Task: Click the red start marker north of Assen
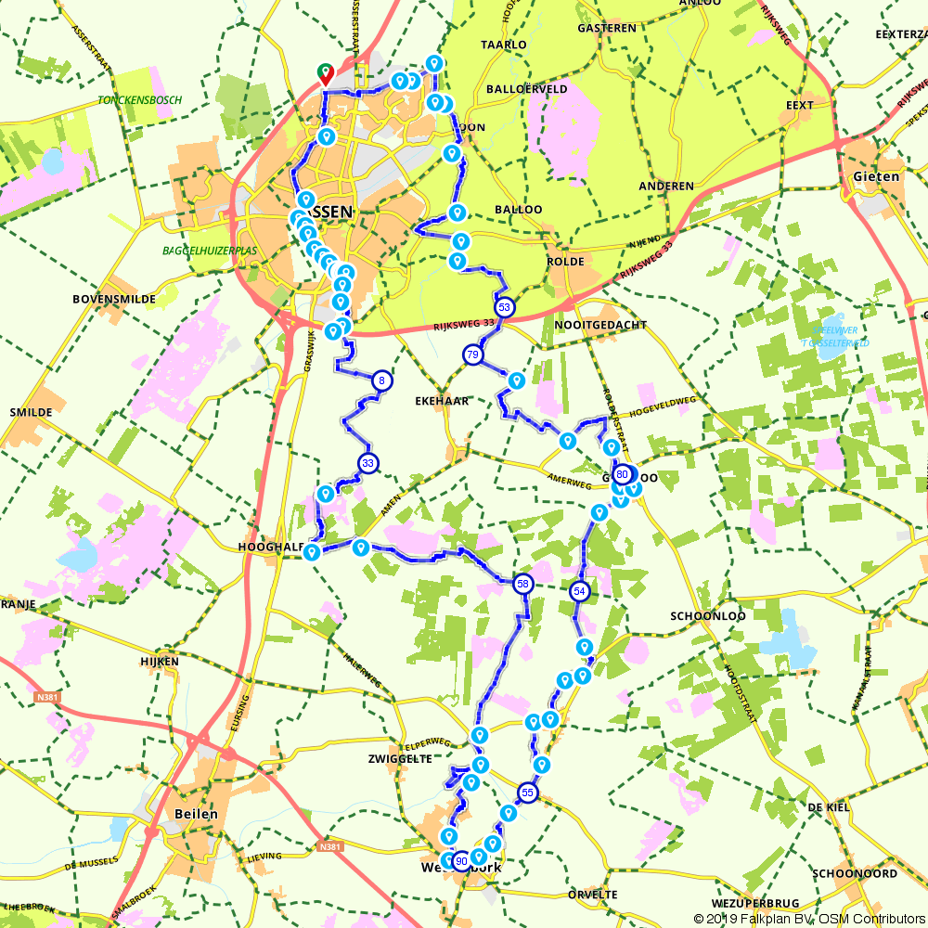tap(326, 72)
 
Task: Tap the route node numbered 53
tap(504, 306)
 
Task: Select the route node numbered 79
tap(472, 354)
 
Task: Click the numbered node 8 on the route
tap(381, 380)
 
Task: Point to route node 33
tap(368, 463)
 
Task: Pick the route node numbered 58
tap(523, 584)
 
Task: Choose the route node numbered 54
tap(580, 591)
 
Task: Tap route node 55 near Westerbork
tap(527, 793)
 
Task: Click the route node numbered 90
tap(461, 861)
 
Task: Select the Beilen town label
tap(196, 814)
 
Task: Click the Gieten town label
tap(876, 176)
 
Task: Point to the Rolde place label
tap(565, 261)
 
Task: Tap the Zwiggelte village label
tap(400, 758)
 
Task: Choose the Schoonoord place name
tap(855, 873)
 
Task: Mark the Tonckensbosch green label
tap(139, 100)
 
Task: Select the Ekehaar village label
tap(441, 401)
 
